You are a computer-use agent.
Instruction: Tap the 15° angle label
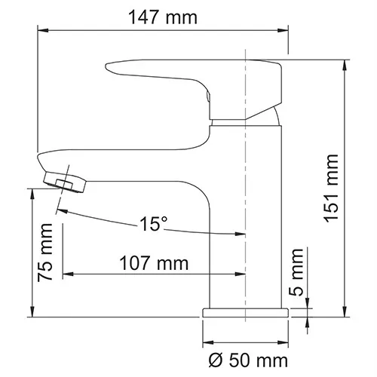[x=154, y=224]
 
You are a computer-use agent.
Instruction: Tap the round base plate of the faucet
[x=246, y=311]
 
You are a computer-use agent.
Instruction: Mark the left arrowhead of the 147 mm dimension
[x=43, y=31]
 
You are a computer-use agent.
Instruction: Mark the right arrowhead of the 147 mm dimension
[x=284, y=31]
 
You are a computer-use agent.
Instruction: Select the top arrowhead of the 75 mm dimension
[x=32, y=192]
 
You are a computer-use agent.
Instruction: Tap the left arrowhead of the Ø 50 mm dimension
[x=207, y=339]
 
